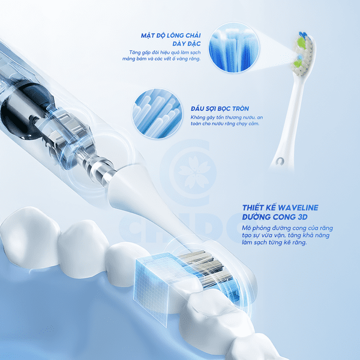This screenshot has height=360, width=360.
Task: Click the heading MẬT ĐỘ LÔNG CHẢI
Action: pyautogui.click(x=171, y=35)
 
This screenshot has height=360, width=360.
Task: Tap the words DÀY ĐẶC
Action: pyautogui.click(x=187, y=44)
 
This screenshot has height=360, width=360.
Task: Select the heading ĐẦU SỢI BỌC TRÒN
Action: pyautogui.click(x=220, y=109)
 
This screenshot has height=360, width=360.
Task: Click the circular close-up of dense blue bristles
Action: pyautogui.click(x=234, y=48)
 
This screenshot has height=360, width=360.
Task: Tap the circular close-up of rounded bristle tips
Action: pyautogui.click(x=157, y=113)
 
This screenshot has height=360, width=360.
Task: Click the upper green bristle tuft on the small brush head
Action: pyautogui.click(x=301, y=42)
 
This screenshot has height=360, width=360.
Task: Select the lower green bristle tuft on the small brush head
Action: pyautogui.click(x=298, y=64)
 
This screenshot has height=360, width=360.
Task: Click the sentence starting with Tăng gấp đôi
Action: pyautogui.click(x=161, y=56)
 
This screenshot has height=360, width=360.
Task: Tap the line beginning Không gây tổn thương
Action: pyautogui.click(x=227, y=118)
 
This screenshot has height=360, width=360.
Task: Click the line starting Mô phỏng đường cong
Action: pyautogui.click(x=287, y=228)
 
